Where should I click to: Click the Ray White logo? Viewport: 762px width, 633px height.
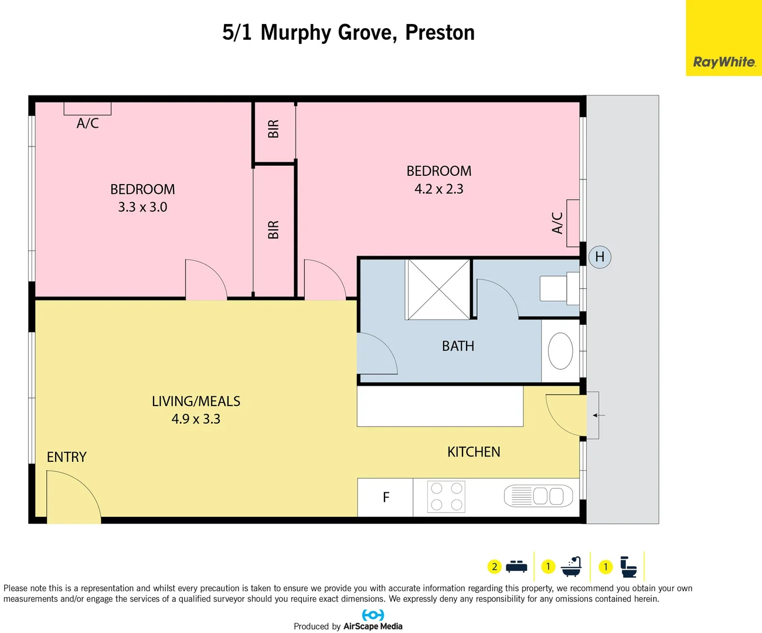(x=724, y=62)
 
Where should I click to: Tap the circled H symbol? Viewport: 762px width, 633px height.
(x=600, y=257)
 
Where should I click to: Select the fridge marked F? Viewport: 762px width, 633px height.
(x=385, y=498)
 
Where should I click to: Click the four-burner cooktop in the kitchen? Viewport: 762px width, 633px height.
(x=446, y=497)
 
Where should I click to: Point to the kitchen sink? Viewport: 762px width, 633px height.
(x=538, y=496)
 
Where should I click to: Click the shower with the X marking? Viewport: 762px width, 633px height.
(x=438, y=290)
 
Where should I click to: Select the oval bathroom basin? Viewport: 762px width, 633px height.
(x=560, y=351)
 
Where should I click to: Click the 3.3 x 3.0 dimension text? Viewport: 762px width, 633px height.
(x=142, y=207)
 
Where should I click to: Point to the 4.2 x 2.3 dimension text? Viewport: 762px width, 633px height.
(x=438, y=189)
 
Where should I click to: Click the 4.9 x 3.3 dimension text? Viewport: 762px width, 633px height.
(x=196, y=419)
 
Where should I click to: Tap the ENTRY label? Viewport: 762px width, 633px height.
(x=67, y=457)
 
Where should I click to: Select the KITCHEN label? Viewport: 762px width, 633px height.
(x=474, y=452)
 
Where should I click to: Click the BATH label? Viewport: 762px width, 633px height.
(x=458, y=346)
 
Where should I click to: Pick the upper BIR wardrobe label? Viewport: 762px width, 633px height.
(x=274, y=129)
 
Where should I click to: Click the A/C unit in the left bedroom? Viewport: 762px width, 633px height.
(x=87, y=109)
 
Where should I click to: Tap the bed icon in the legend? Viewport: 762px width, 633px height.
(x=516, y=567)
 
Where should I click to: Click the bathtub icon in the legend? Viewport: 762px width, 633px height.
(x=571, y=567)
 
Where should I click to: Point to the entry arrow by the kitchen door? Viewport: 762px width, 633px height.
(x=598, y=416)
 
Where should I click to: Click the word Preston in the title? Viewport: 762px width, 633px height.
(x=440, y=33)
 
